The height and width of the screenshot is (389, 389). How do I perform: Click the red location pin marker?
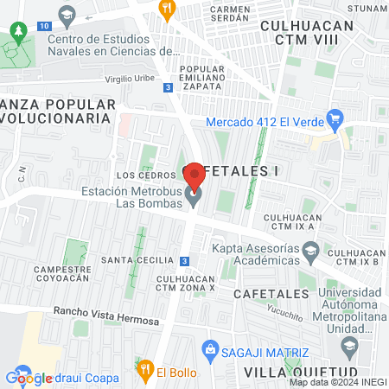(194, 175)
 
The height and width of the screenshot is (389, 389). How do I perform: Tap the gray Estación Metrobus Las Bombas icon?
(194, 199)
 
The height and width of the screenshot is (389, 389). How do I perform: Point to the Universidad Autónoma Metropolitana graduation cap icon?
(349, 348)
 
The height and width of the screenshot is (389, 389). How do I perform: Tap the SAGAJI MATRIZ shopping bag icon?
(209, 350)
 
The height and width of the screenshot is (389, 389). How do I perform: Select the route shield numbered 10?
(43, 27)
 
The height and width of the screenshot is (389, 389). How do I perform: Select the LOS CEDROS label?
(138, 175)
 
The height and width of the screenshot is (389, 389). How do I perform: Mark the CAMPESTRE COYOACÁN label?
(62, 273)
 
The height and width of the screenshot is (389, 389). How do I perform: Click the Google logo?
(29, 378)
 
